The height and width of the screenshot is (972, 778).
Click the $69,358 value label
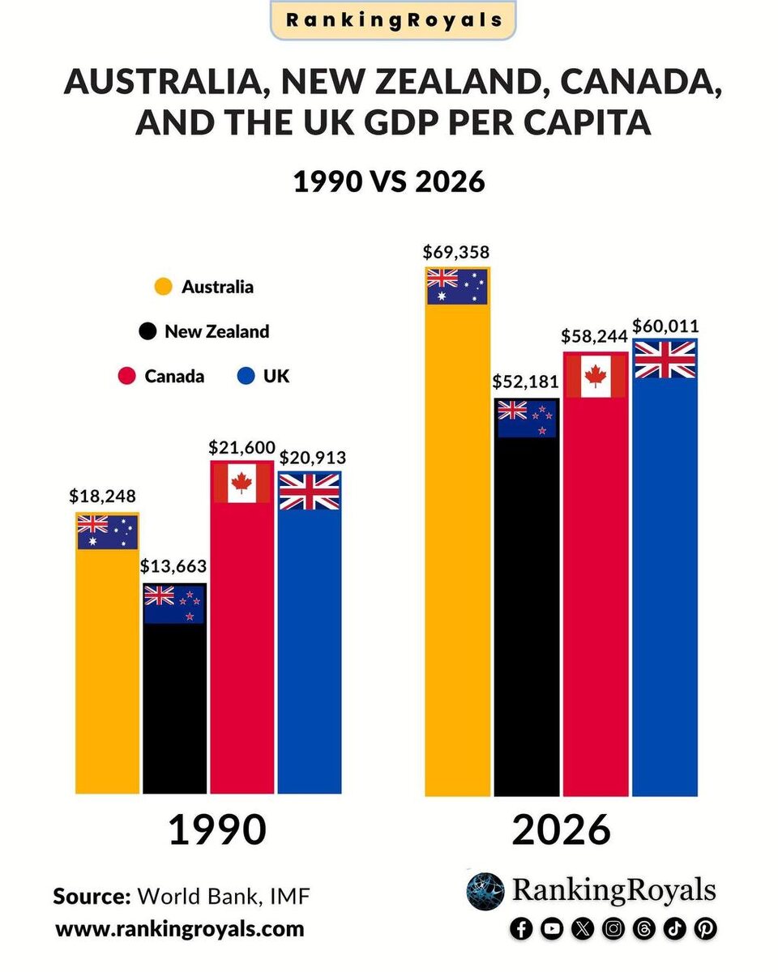pos(456,251)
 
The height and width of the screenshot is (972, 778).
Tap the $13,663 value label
pos(173,566)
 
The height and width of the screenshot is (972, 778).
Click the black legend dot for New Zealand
pos(147,331)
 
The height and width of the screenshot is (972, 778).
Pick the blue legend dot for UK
pos(247,376)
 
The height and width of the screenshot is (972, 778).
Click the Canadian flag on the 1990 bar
pos(242,484)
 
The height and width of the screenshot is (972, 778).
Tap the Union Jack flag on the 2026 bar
pos(665,359)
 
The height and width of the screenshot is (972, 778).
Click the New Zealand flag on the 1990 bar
pos(174,604)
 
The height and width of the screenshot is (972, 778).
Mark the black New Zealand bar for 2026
pos(527,616)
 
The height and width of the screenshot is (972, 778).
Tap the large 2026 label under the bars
pos(561,830)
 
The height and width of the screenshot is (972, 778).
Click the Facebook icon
pos(522,929)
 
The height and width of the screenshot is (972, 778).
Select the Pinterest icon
pos(705,929)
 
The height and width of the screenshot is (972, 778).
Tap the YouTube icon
pos(552,929)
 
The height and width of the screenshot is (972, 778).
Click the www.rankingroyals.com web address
pos(179,928)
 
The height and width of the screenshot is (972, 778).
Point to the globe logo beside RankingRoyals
pos(485,891)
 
